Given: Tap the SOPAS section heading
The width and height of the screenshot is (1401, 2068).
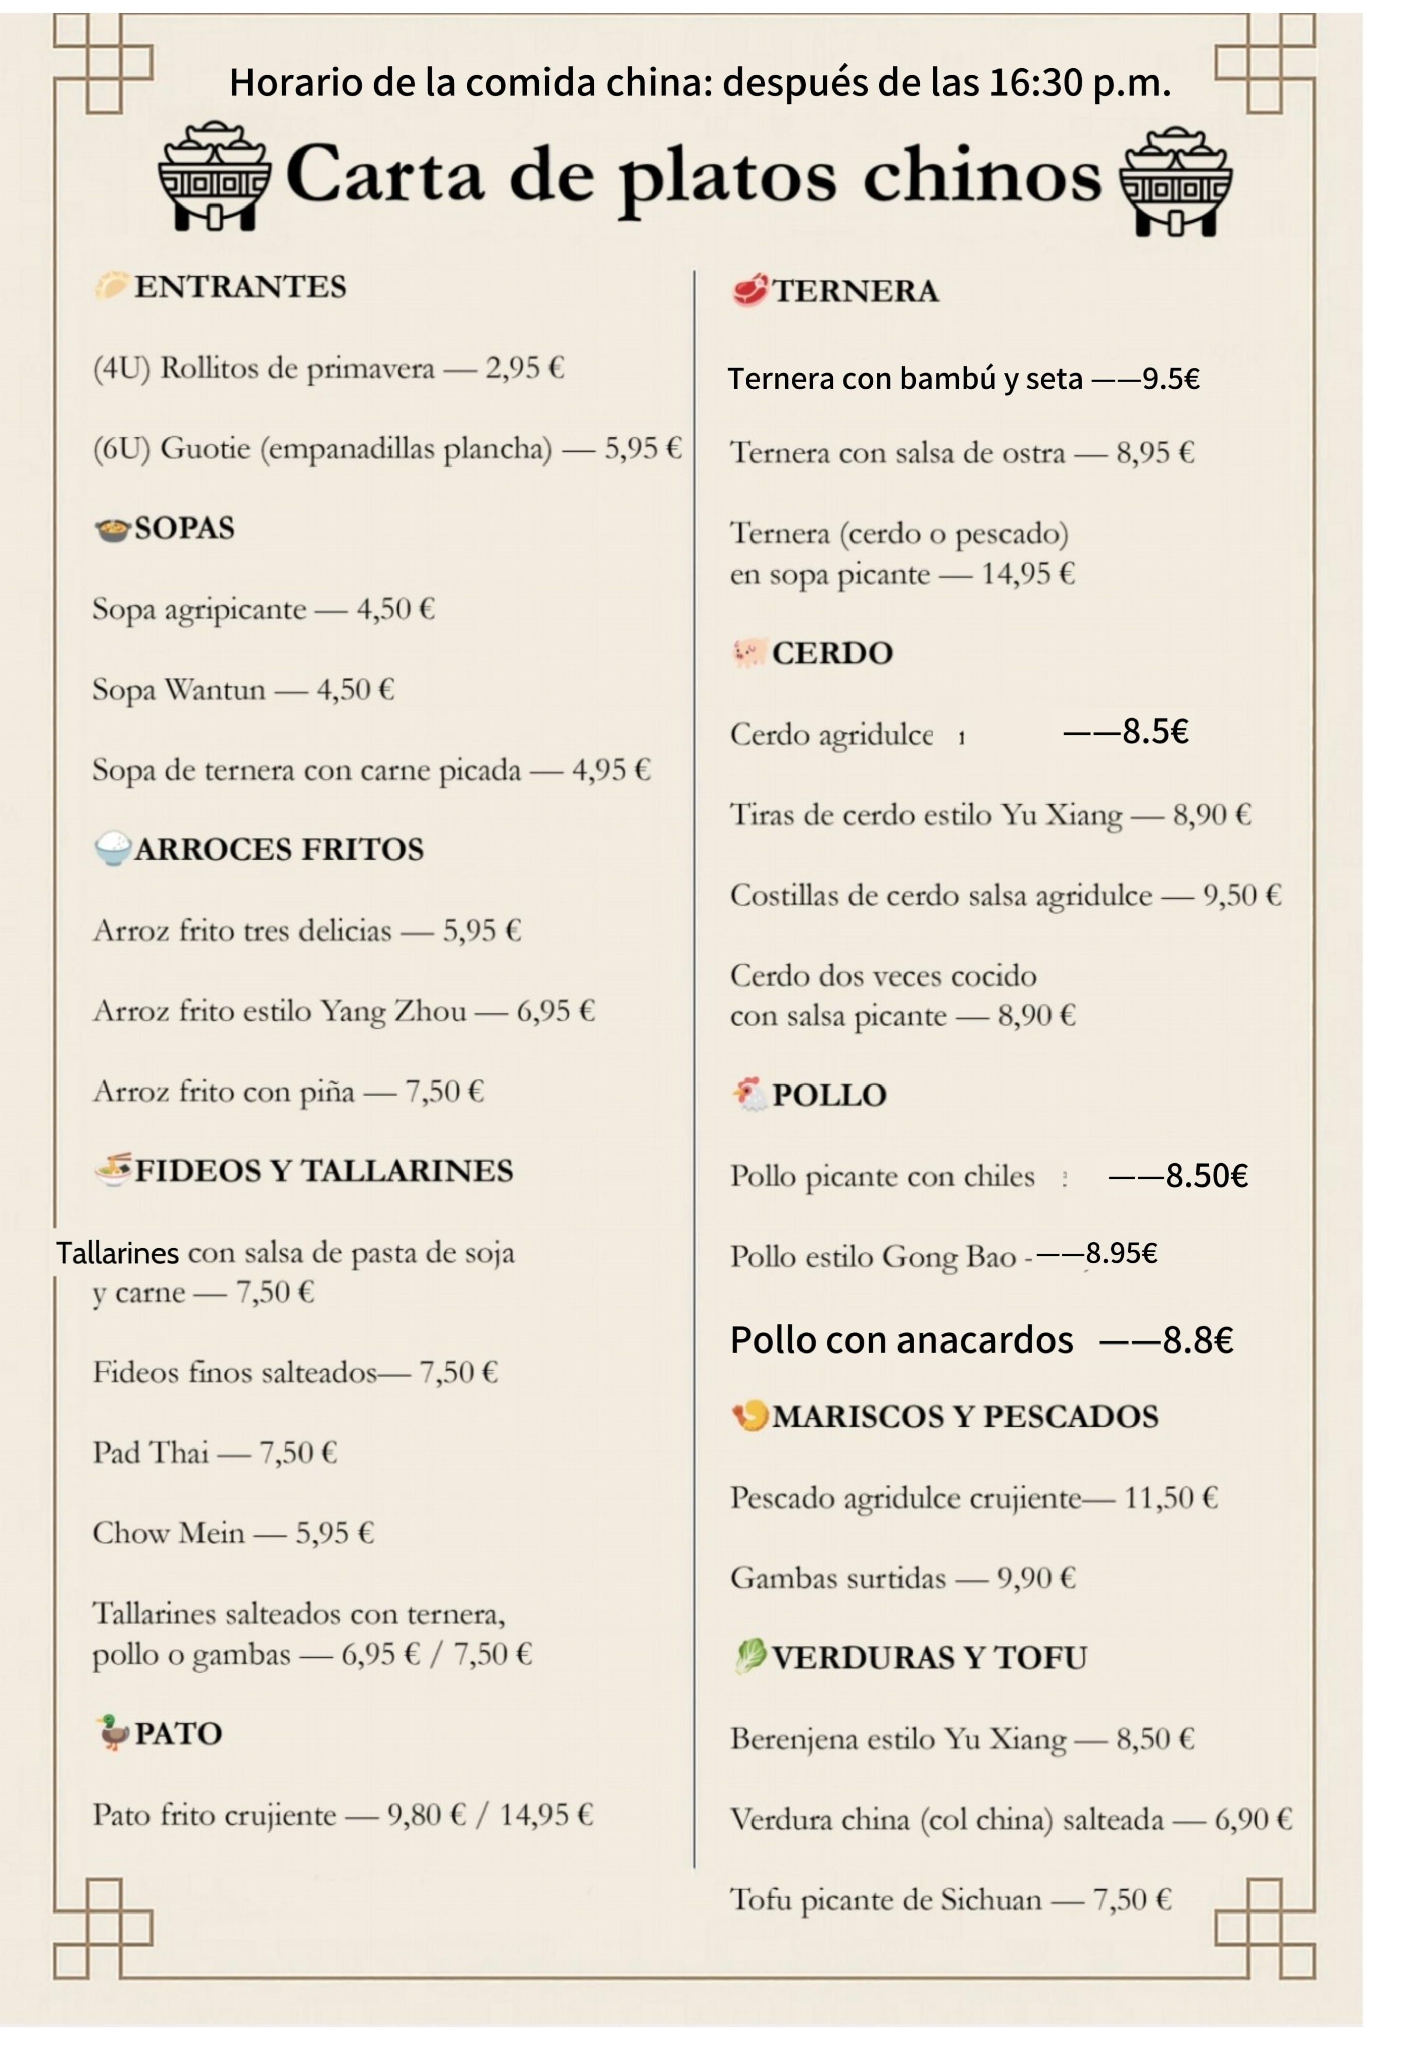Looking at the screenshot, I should pos(184,529).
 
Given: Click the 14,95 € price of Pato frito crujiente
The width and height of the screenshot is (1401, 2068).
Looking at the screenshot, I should pos(545,1815).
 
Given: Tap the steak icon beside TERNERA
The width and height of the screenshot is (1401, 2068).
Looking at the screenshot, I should pos(749,291).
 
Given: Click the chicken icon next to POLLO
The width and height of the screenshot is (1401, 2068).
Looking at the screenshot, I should pos(749,1095).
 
